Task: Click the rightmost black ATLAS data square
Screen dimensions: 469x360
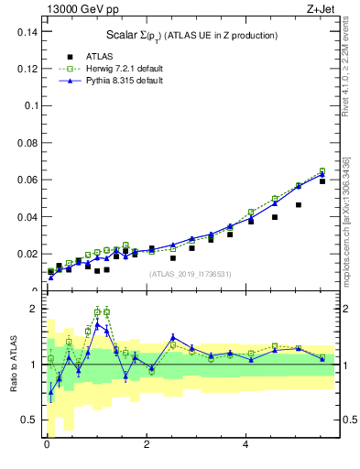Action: (x=322, y=181)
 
